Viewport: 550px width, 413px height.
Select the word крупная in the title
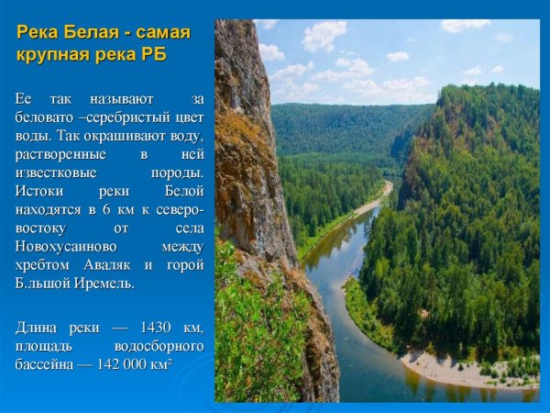54,54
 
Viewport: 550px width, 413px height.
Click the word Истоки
39,192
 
